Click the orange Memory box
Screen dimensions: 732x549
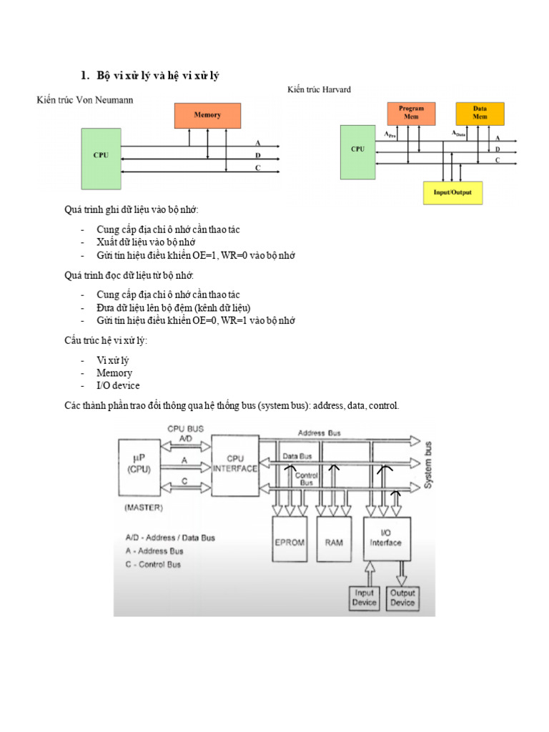[207, 115]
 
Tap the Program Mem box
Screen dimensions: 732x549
[411, 113]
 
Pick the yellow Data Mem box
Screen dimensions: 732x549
[480, 113]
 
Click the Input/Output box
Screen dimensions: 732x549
[452, 192]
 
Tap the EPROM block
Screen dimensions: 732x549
[290, 543]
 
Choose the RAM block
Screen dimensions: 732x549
[333, 543]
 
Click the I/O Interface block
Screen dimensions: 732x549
[386, 538]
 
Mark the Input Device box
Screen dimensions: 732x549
[364, 598]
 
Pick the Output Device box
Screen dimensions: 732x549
[402, 598]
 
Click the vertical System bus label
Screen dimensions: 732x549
[427, 465]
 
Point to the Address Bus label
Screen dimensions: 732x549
[320, 433]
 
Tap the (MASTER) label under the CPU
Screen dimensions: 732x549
[144, 508]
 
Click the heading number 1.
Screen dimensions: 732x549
[84, 76]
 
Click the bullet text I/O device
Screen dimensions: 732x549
[118, 385]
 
